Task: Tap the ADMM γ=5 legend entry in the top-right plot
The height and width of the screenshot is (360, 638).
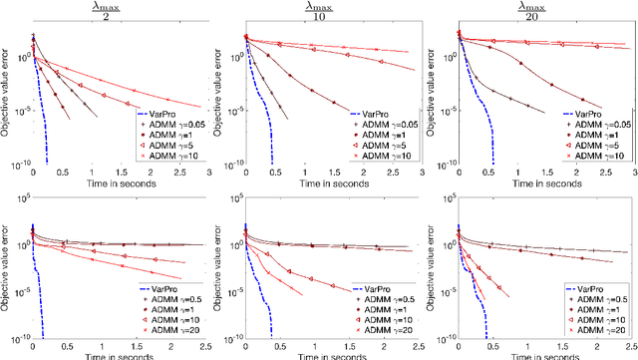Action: click(x=594, y=146)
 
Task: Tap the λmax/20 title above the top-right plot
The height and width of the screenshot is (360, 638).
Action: click(x=542, y=10)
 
